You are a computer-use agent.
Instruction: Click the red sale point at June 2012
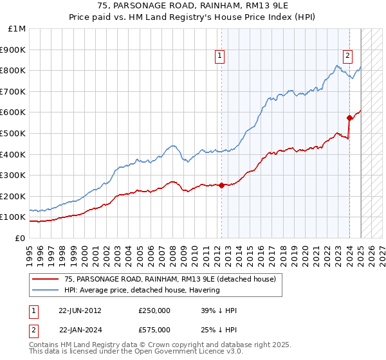(x=221, y=185)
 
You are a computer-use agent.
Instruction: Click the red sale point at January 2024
(x=349, y=118)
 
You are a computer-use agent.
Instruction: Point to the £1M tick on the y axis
(x=17, y=29)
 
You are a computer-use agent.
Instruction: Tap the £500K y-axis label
(x=14, y=133)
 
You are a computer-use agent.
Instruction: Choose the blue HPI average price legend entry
(x=142, y=290)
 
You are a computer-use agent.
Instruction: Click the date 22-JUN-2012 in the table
(x=80, y=310)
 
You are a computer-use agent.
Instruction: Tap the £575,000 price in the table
(x=154, y=330)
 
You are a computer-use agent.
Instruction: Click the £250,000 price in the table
(x=154, y=310)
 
